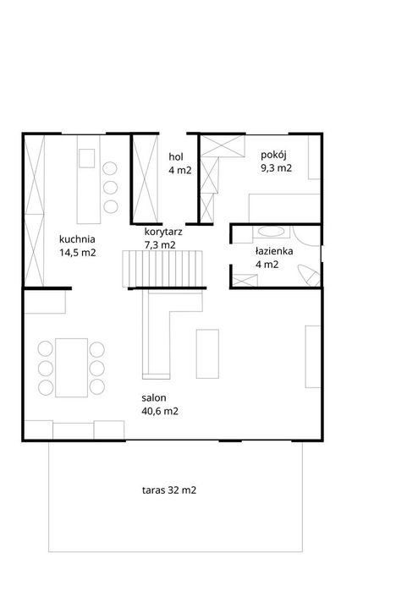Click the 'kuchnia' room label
(x=77, y=239)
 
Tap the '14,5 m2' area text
(x=77, y=253)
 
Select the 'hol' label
(x=176, y=156)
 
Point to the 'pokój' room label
(x=274, y=156)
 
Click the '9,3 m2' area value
(x=277, y=168)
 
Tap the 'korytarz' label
(x=163, y=232)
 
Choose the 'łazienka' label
(x=274, y=251)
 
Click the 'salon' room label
(x=153, y=397)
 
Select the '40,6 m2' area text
(x=160, y=411)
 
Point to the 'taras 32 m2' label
(x=169, y=490)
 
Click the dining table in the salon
(x=71, y=368)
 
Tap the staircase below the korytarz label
(x=162, y=269)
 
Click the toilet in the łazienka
(x=310, y=275)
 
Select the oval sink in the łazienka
(x=271, y=232)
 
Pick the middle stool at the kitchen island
(x=111, y=188)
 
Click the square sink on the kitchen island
(x=87, y=158)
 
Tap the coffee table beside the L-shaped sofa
(x=207, y=353)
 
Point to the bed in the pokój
(x=284, y=208)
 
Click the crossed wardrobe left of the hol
(x=146, y=178)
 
